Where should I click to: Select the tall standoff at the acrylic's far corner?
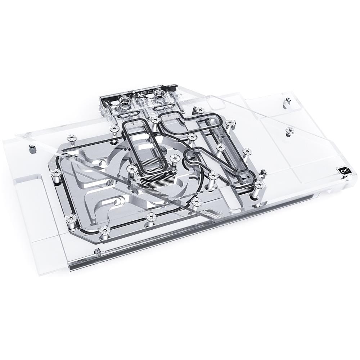pos(287,102)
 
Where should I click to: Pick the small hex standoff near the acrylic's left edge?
pos(32,147)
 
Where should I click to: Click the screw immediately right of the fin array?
pos(175,158)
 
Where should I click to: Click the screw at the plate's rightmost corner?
pos(258,184)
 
